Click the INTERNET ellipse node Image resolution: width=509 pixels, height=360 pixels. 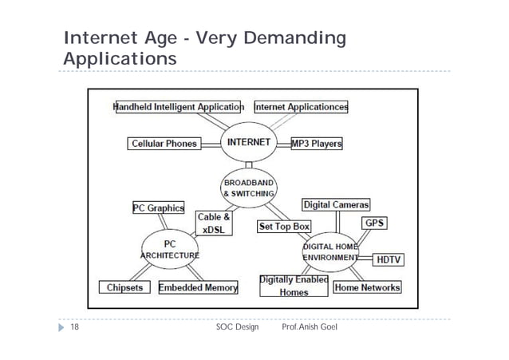(250, 144)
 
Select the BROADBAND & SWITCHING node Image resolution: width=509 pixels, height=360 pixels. (250, 188)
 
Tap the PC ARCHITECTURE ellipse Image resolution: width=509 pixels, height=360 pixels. (170, 249)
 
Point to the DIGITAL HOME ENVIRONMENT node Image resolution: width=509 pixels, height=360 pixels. (330, 253)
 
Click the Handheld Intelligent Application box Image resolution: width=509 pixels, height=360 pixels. (179, 106)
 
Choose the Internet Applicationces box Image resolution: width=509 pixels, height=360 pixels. (301, 106)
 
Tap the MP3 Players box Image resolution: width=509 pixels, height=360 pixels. (317, 144)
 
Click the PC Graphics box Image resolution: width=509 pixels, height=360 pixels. (158, 208)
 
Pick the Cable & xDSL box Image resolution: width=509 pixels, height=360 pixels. (214, 223)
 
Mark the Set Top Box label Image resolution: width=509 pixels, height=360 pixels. (283, 227)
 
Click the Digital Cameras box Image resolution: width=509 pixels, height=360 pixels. (335, 205)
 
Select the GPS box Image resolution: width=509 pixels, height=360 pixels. (375, 223)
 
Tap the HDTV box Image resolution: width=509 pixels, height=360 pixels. (388, 259)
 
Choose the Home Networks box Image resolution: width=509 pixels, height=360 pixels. (367, 287)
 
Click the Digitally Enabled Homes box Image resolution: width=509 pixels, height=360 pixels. (294, 286)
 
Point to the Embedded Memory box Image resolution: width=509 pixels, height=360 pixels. (199, 287)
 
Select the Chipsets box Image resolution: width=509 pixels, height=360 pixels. (122, 287)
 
